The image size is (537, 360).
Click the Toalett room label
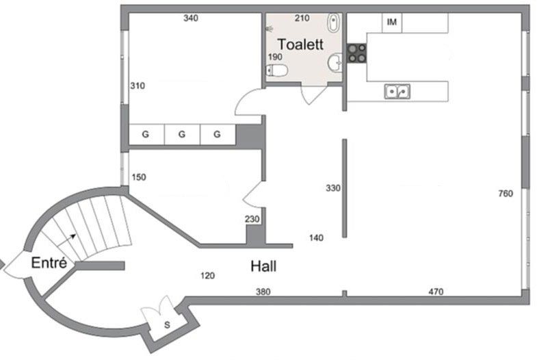tap(300, 44)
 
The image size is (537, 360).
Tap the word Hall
tap(263, 266)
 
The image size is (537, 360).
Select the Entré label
tap(49, 263)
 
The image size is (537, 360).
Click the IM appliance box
tap(392, 23)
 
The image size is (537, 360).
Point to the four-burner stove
tap(357, 54)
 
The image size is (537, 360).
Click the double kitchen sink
tap(397, 92)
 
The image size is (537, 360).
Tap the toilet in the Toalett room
tap(277, 70)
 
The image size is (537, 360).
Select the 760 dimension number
tap(506, 194)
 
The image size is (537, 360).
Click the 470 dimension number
tap(436, 292)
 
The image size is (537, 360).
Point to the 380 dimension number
tap(263, 292)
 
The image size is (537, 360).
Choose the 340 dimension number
tap(191, 18)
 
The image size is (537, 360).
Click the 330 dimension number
tap(333, 188)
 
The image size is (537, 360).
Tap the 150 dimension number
tap(139, 177)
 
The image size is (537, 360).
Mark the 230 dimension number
tap(252, 219)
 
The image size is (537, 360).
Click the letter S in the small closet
tap(167, 324)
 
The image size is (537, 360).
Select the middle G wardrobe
tap(182, 134)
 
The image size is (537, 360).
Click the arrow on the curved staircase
tap(66, 240)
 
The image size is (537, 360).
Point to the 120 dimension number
tap(207, 276)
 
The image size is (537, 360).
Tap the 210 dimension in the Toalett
tap(302, 18)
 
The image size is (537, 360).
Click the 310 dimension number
tap(137, 86)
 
